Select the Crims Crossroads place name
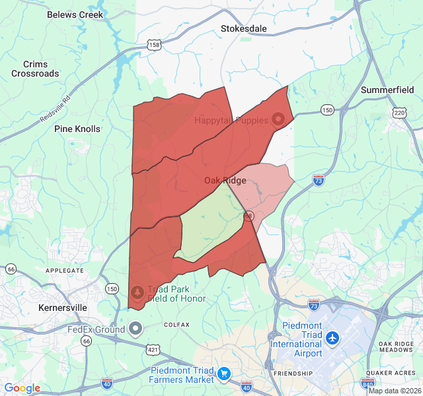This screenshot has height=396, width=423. [x=35, y=69]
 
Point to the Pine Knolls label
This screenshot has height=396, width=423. [x=77, y=129]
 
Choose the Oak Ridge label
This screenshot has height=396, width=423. [x=225, y=180]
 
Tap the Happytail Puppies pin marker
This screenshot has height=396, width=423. [x=278, y=119]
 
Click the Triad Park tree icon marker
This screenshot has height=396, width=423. [x=137, y=290]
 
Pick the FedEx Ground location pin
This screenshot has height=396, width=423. [x=136, y=328]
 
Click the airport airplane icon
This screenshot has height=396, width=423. [x=332, y=339]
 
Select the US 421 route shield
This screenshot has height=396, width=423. [x=153, y=348]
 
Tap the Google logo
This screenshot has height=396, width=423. [x=22, y=388]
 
